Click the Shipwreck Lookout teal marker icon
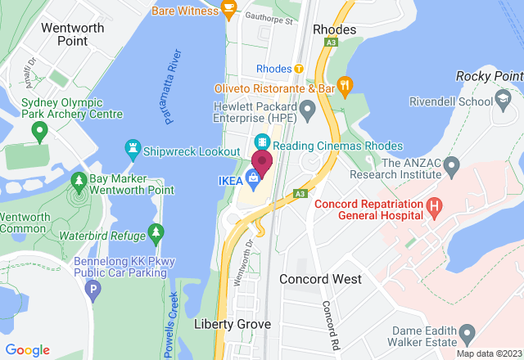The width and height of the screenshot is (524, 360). click(x=132, y=150)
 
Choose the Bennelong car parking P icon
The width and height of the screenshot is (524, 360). click(x=93, y=288)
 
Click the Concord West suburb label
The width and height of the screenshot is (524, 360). click(x=320, y=279)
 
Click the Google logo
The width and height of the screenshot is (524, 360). click(x=28, y=349)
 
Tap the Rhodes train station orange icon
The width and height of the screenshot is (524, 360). click(x=299, y=68)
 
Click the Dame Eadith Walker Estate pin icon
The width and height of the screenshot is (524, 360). click(x=468, y=333)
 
